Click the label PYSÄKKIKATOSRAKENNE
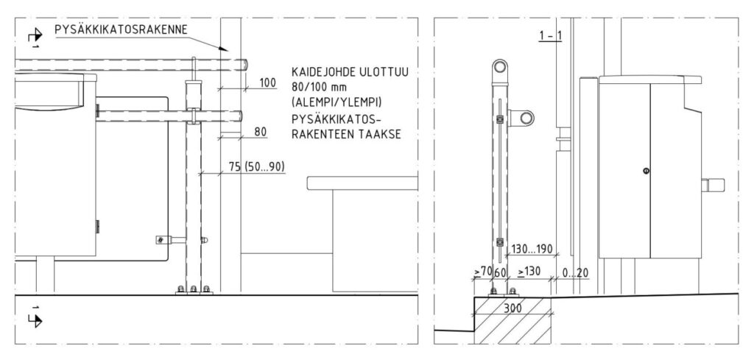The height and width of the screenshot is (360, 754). [x=121, y=29]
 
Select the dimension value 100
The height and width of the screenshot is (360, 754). [x=268, y=82]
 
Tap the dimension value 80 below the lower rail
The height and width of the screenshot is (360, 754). [x=261, y=132]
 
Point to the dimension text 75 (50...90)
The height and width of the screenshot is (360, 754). [x=257, y=166]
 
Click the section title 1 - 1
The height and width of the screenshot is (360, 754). [x=550, y=36]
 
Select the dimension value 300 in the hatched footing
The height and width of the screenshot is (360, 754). [x=512, y=308]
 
